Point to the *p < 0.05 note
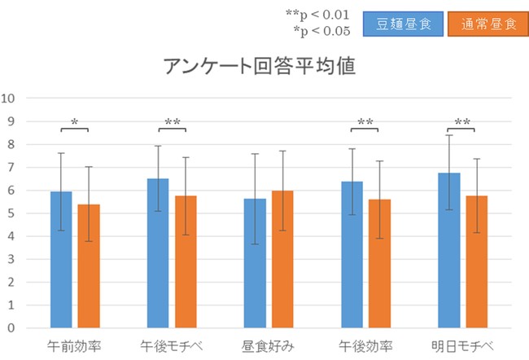(x=322, y=31)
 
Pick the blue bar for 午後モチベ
(x=158, y=252)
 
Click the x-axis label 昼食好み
(x=268, y=345)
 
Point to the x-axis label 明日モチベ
(x=461, y=345)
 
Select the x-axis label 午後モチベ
(x=171, y=345)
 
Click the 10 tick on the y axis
(x=10, y=99)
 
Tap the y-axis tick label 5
(x=12, y=213)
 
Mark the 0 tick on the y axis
(x=12, y=328)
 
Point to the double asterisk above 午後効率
(x=365, y=123)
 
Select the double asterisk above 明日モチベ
(x=462, y=123)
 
